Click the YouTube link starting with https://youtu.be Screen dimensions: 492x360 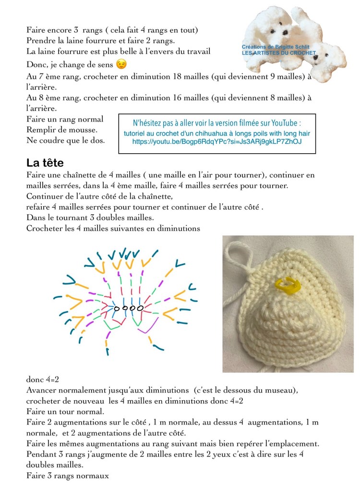217,142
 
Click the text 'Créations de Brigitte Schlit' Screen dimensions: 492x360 282,47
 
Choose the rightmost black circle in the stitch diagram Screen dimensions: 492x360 140,307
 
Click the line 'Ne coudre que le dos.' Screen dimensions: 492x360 66,140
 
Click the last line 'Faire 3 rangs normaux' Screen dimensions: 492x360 68,476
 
